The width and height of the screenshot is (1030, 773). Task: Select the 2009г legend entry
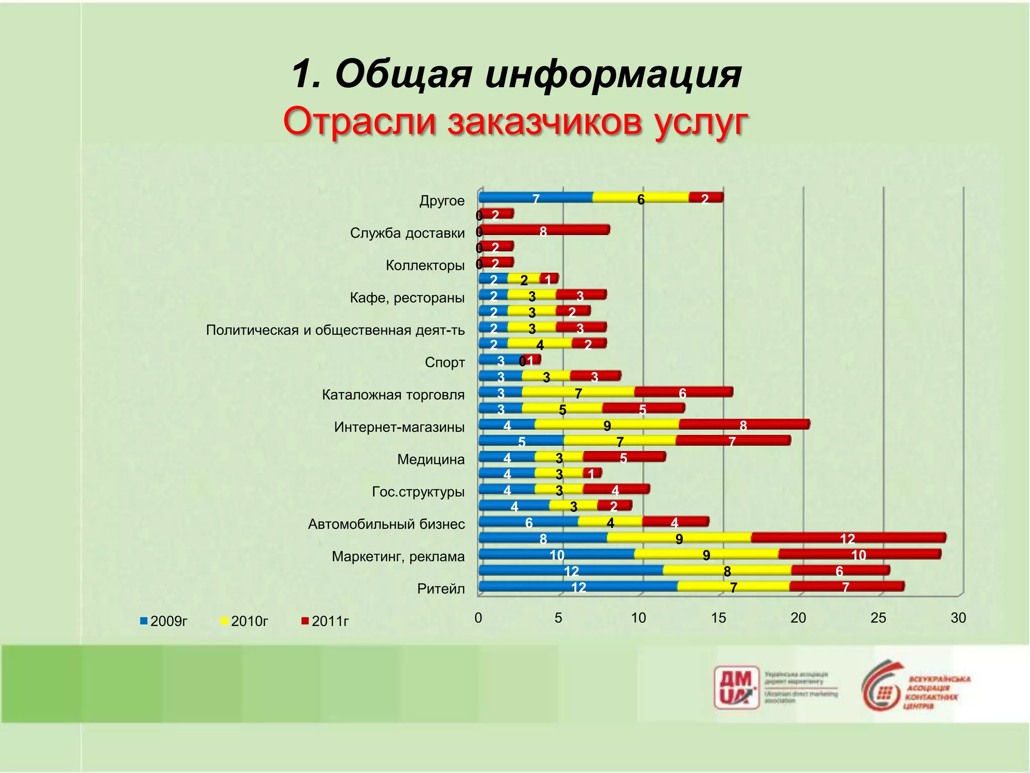pos(164,621)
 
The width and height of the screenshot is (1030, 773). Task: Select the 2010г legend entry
pos(244,621)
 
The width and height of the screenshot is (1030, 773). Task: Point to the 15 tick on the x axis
pos(718,618)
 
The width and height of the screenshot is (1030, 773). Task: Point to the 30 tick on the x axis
pos(958,618)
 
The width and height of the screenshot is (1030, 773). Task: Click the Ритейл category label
pos(441,589)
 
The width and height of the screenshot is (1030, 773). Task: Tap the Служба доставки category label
pos(407,233)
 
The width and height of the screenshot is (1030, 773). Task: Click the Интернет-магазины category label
pos(399,427)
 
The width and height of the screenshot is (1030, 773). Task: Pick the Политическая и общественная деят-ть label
pos(335,330)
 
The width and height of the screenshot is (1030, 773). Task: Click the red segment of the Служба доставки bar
pos(544,230)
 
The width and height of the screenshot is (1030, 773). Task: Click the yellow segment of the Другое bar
pos(641,198)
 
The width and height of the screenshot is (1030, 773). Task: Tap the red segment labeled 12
pos(848,538)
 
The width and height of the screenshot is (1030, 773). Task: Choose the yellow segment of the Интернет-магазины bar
pos(607,425)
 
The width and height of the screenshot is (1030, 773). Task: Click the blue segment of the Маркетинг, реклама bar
pos(556,554)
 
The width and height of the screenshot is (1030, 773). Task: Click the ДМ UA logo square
pos(736,687)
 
